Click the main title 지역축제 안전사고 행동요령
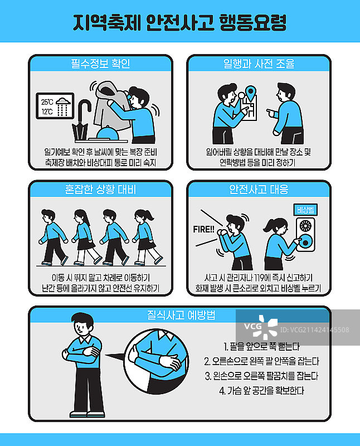pyautogui.click(x=179, y=22)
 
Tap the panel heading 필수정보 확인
pyautogui.click(x=100, y=64)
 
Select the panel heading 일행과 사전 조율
pyautogui.click(x=259, y=64)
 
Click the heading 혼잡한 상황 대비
pyautogui.click(x=100, y=189)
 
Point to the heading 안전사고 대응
pyautogui.click(x=259, y=189)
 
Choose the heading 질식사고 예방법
pyautogui.click(x=181, y=315)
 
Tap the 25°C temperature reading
pyautogui.click(x=47, y=102)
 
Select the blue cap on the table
pyautogui.click(x=108, y=133)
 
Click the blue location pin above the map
pyautogui.click(x=251, y=93)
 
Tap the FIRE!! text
pyautogui.click(x=203, y=229)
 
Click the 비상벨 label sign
pyautogui.click(x=305, y=210)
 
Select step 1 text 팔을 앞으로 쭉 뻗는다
pyautogui.click(x=261, y=346)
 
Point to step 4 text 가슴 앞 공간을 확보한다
pyautogui.click(x=261, y=391)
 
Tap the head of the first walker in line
pyautogui.click(x=48, y=216)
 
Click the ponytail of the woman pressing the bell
pyautogui.click(x=267, y=226)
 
